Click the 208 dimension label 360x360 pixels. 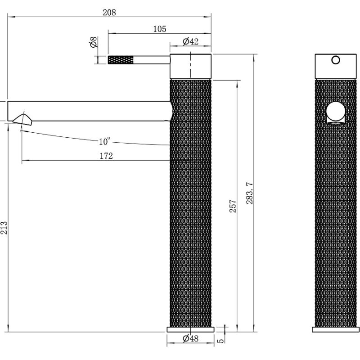pyautogui.click(x=109, y=13)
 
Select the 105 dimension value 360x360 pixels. pyautogui.click(x=159, y=29)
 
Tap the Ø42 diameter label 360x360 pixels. pyautogui.click(x=191, y=42)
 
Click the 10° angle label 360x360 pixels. pyautogui.click(x=104, y=141)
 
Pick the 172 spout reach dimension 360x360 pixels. pyautogui.click(x=106, y=156)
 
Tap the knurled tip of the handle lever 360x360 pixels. pyautogui.click(x=121, y=60)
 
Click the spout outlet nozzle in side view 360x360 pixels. pyautogui.click(x=22, y=119)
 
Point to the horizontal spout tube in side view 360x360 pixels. pyautogui.click(x=90, y=111)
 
